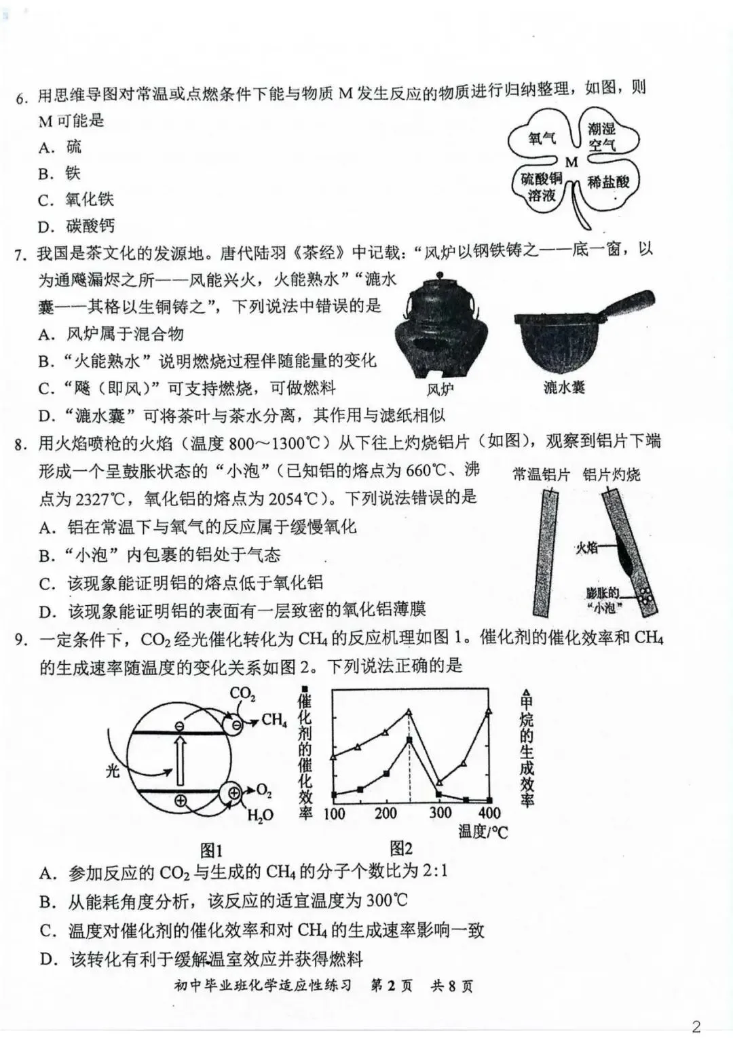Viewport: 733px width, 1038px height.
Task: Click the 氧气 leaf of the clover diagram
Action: point(542,138)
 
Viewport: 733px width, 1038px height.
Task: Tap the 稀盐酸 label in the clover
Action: point(608,182)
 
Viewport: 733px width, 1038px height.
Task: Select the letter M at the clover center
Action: point(571,162)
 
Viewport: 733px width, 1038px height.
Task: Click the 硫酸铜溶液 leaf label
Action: point(542,187)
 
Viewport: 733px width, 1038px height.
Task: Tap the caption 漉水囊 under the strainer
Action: point(564,387)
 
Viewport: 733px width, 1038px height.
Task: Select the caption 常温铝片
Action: point(541,474)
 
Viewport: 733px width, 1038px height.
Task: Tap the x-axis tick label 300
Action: point(440,812)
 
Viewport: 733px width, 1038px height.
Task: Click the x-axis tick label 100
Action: point(334,813)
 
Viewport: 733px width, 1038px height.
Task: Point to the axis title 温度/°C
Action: point(483,831)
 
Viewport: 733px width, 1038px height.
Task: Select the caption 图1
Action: point(212,850)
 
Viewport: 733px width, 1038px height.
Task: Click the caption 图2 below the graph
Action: point(401,848)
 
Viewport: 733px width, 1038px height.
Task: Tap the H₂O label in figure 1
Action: point(260,815)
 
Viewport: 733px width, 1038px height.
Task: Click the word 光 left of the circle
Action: point(113,771)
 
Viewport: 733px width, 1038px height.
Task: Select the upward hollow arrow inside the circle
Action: point(180,760)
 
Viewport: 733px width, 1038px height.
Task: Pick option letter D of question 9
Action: point(48,959)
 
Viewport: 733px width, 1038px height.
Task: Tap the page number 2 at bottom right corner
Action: point(696,1026)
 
